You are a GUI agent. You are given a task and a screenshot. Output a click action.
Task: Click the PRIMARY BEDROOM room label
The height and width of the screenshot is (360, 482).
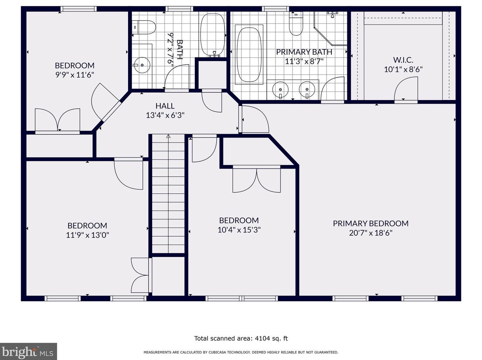pos(370,223)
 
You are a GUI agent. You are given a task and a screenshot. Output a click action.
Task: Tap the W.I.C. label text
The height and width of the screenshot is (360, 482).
pos(403,60)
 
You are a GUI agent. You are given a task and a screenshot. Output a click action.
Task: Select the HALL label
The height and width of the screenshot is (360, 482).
pos(165,106)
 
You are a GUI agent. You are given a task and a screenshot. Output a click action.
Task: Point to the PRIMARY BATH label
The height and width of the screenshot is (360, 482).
pos(304,52)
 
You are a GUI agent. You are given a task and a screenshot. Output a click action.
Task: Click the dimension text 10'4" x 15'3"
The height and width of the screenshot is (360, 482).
pos(239,230)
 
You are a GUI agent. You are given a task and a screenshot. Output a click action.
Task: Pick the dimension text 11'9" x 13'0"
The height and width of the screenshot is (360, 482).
pos(88,235)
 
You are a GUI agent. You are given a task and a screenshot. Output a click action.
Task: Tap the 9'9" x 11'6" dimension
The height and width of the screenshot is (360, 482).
pos(75,75)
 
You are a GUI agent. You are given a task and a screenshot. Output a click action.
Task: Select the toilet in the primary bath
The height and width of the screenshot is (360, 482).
pos(296,24)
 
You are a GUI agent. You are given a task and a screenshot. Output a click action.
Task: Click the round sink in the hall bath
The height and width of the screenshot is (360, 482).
pos(142,65)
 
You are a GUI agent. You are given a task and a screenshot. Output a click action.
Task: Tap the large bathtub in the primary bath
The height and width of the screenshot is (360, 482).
pos(249,54)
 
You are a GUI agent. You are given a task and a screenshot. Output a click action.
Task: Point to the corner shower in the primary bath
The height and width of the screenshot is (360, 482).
pos(331,28)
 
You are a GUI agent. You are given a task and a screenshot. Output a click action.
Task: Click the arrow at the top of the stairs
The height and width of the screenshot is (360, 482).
pos(168,136)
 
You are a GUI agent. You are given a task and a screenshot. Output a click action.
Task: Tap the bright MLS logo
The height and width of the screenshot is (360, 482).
pos(28,352)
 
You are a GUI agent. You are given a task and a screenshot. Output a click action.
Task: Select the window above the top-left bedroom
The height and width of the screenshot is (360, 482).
pos(78,9)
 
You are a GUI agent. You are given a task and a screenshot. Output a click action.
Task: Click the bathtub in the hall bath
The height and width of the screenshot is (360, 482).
pos(213,35)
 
